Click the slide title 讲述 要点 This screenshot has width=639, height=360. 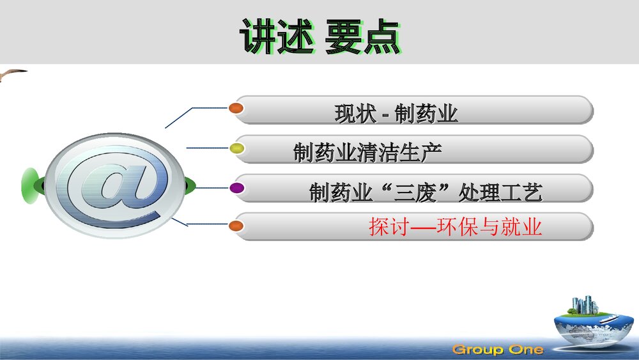[x=319, y=36]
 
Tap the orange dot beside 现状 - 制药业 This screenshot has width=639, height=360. [x=236, y=108]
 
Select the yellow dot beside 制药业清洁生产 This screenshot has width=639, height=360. [x=237, y=148]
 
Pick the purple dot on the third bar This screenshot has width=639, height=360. [x=236, y=187]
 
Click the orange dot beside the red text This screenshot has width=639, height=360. [x=236, y=225]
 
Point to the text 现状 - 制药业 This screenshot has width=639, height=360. [x=396, y=114]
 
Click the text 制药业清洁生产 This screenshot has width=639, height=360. [x=367, y=152]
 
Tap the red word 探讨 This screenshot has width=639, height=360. [x=389, y=227]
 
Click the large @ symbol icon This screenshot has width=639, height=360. [x=115, y=185]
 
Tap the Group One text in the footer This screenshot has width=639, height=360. [x=498, y=349]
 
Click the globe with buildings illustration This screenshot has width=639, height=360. [x=590, y=323]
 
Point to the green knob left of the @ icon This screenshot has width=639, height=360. [x=31, y=184]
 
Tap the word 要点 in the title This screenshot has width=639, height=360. [x=362, y=36]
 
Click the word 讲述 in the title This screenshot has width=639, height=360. [x=277, y=36]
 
